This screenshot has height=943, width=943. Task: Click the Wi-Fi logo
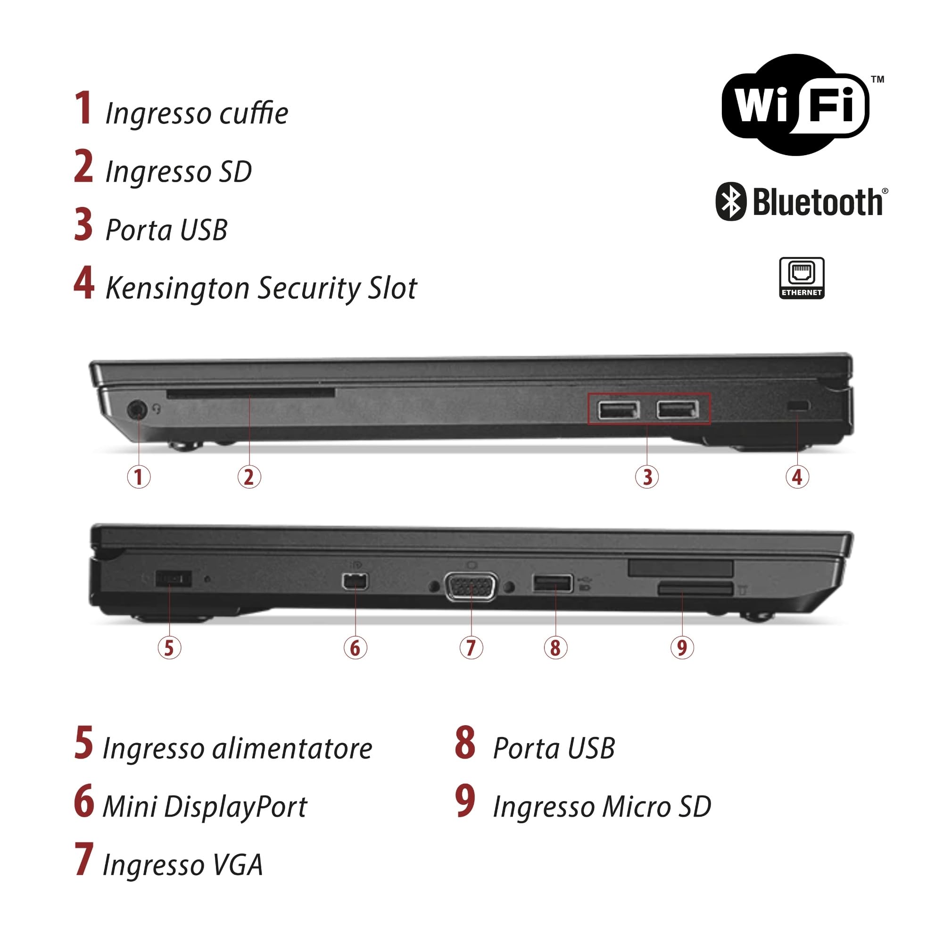[x=795, y=105]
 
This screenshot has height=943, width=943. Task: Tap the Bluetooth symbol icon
[x=731, y=202]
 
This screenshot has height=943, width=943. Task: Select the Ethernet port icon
[x=802, y=278]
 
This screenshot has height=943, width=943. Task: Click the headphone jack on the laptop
[x=137, y=409]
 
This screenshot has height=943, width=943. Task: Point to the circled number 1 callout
[x=139, y=477]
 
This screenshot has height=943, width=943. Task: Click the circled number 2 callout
[x=249, y=477]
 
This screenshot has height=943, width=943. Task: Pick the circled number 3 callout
[x=647, y=477]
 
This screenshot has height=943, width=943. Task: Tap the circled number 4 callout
[x=797, y=477]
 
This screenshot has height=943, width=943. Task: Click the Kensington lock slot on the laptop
[x=799, y=405]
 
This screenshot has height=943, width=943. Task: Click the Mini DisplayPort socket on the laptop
[x=356, y=581]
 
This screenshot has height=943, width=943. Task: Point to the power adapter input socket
[x=173, y=579]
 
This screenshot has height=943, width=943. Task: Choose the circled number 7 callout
[x=471, y=648]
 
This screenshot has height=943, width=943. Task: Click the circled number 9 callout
[x=682, y=648]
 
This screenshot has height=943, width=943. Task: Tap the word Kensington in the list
[x=178, y=289]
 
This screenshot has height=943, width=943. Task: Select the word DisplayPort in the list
[x=235, y=807]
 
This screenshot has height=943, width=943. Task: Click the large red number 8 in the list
[x=465, y=744]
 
